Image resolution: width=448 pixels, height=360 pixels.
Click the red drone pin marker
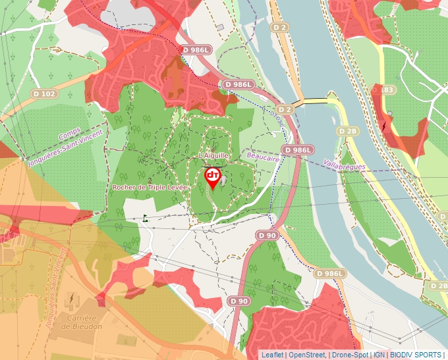point(213,177)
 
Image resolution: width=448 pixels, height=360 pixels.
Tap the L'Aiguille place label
point(213,155)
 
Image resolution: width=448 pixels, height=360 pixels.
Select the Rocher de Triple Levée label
point(150,188)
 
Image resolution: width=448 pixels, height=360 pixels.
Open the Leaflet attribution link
point(272,355)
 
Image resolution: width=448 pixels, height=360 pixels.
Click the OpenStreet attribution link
point(306,355)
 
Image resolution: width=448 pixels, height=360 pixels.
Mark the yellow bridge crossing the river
point(315,101)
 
